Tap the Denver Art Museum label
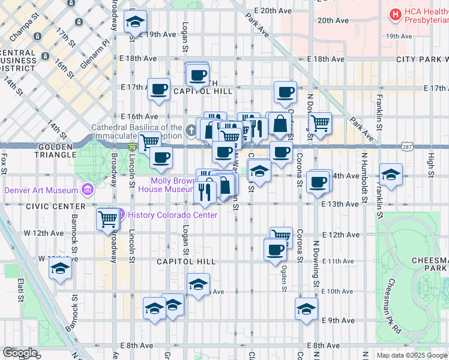click(x=41, y=190)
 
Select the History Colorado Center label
click(x=172, y=215)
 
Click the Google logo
click(x=20, y=353)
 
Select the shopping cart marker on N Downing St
click(x=321, y=124)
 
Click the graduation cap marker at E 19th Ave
click(x=136, y=22)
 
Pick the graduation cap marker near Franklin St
click(x=391, y=175)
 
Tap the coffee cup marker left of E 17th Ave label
click(x=159, y=89)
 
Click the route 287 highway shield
click(x=407, y=146)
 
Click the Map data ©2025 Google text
click(x=411, y=355)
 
